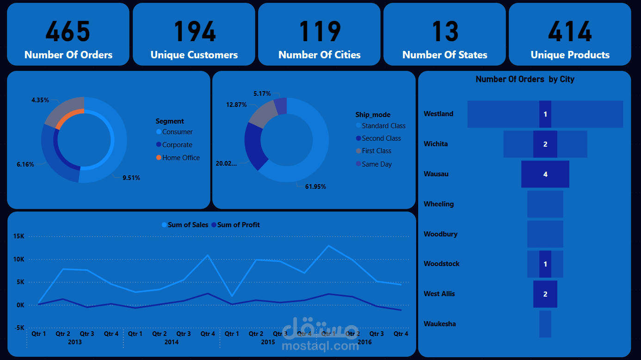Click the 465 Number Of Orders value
click(68, 31)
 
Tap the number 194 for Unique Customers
click(194, 31)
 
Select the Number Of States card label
click(444, 55)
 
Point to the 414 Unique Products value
click(570, 31)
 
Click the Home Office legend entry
click(181, 158)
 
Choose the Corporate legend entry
click(177, 145)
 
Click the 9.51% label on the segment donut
click(131, 178)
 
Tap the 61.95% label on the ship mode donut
click(315, 186)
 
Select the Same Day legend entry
click(376, 164)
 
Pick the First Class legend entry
click(376, 151)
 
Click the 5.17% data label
click(262, 93)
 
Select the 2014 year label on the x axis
click(171, 342)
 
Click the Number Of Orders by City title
click(525, 79)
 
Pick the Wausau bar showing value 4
click(545, 174)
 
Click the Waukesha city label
click(440, 324)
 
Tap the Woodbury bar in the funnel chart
click(545, 234)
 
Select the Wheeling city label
click(438, 204)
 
